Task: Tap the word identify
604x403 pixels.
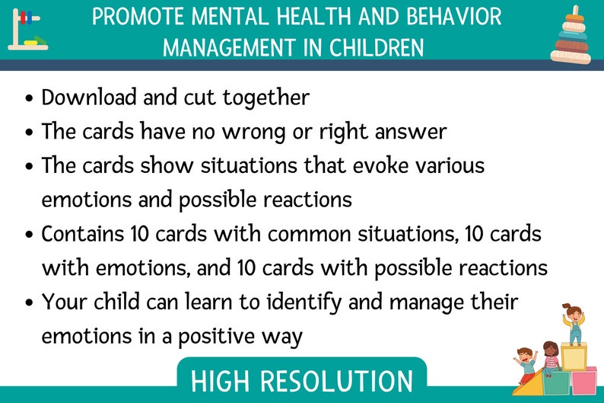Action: (x=339, y=302)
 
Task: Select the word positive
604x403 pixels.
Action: (x=212, y=335)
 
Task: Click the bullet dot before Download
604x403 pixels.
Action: (x=29, y=99)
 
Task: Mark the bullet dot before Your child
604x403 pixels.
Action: (x=29, y=303)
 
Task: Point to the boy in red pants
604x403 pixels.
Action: (x=526, y=364)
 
